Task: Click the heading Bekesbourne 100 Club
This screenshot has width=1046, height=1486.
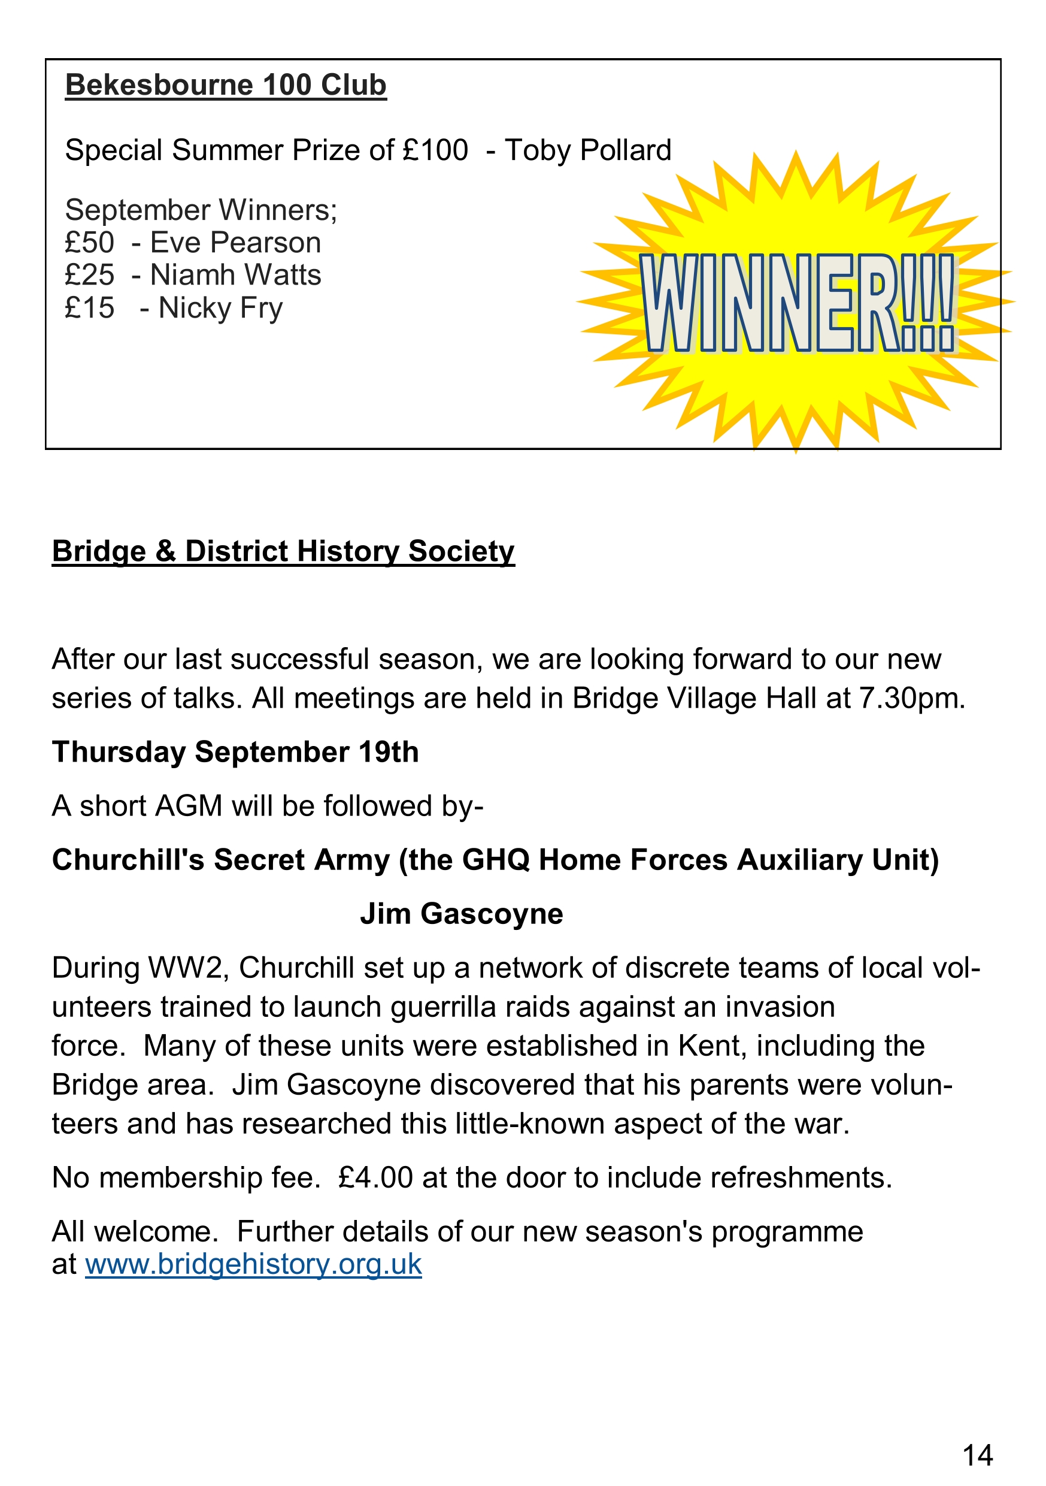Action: click(x=226, y=86)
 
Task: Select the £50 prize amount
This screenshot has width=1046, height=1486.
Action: click(x=89, y=243)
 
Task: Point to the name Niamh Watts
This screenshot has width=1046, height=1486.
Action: click(x=235, y=275)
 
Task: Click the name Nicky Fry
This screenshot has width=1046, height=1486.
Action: click(x=220, y=308)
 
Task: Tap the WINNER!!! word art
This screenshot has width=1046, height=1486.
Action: click(x=797, y=303)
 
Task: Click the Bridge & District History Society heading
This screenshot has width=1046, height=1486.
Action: click(x=283, y=551)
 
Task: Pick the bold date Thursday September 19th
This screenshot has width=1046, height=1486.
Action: click(x=235, y=752)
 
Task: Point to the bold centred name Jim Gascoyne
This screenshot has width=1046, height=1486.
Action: click(x=461, y=914)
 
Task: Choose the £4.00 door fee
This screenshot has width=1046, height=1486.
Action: click(x=375, y=1178)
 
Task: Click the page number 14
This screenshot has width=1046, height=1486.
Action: click(x=977, y=1455)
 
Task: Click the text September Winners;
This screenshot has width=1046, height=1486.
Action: click(x=201, y=210)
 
